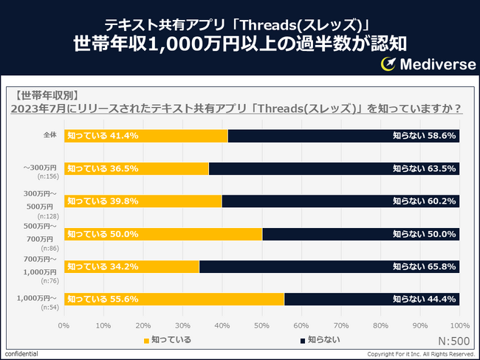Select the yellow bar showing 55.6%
[174, 299]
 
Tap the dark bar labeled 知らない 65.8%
[329, 266]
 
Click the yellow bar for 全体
[146, 136]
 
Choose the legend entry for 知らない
[319, 339]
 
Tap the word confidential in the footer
[20, 354]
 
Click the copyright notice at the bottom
[420, 355]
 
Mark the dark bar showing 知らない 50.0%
[360, 234]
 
